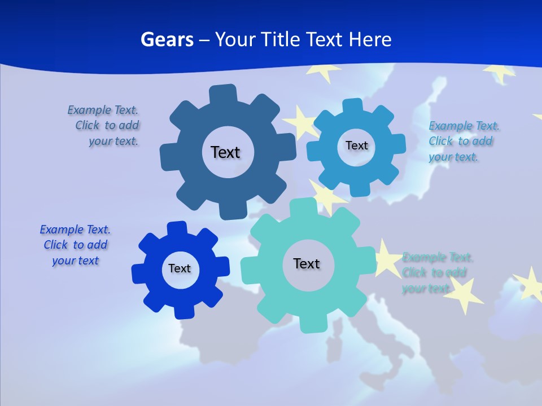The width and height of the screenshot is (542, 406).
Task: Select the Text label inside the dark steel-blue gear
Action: click(x=225, y=152)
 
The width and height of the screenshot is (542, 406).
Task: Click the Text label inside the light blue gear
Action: click(x=356, y=145)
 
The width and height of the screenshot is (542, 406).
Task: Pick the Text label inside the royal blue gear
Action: click(x=180, y=268)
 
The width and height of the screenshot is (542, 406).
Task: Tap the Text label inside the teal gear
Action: click(x=307, y=263)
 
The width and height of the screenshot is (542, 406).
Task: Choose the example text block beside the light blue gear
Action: click(x=463, y=141)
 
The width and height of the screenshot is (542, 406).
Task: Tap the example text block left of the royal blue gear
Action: click(x=75, y=245)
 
